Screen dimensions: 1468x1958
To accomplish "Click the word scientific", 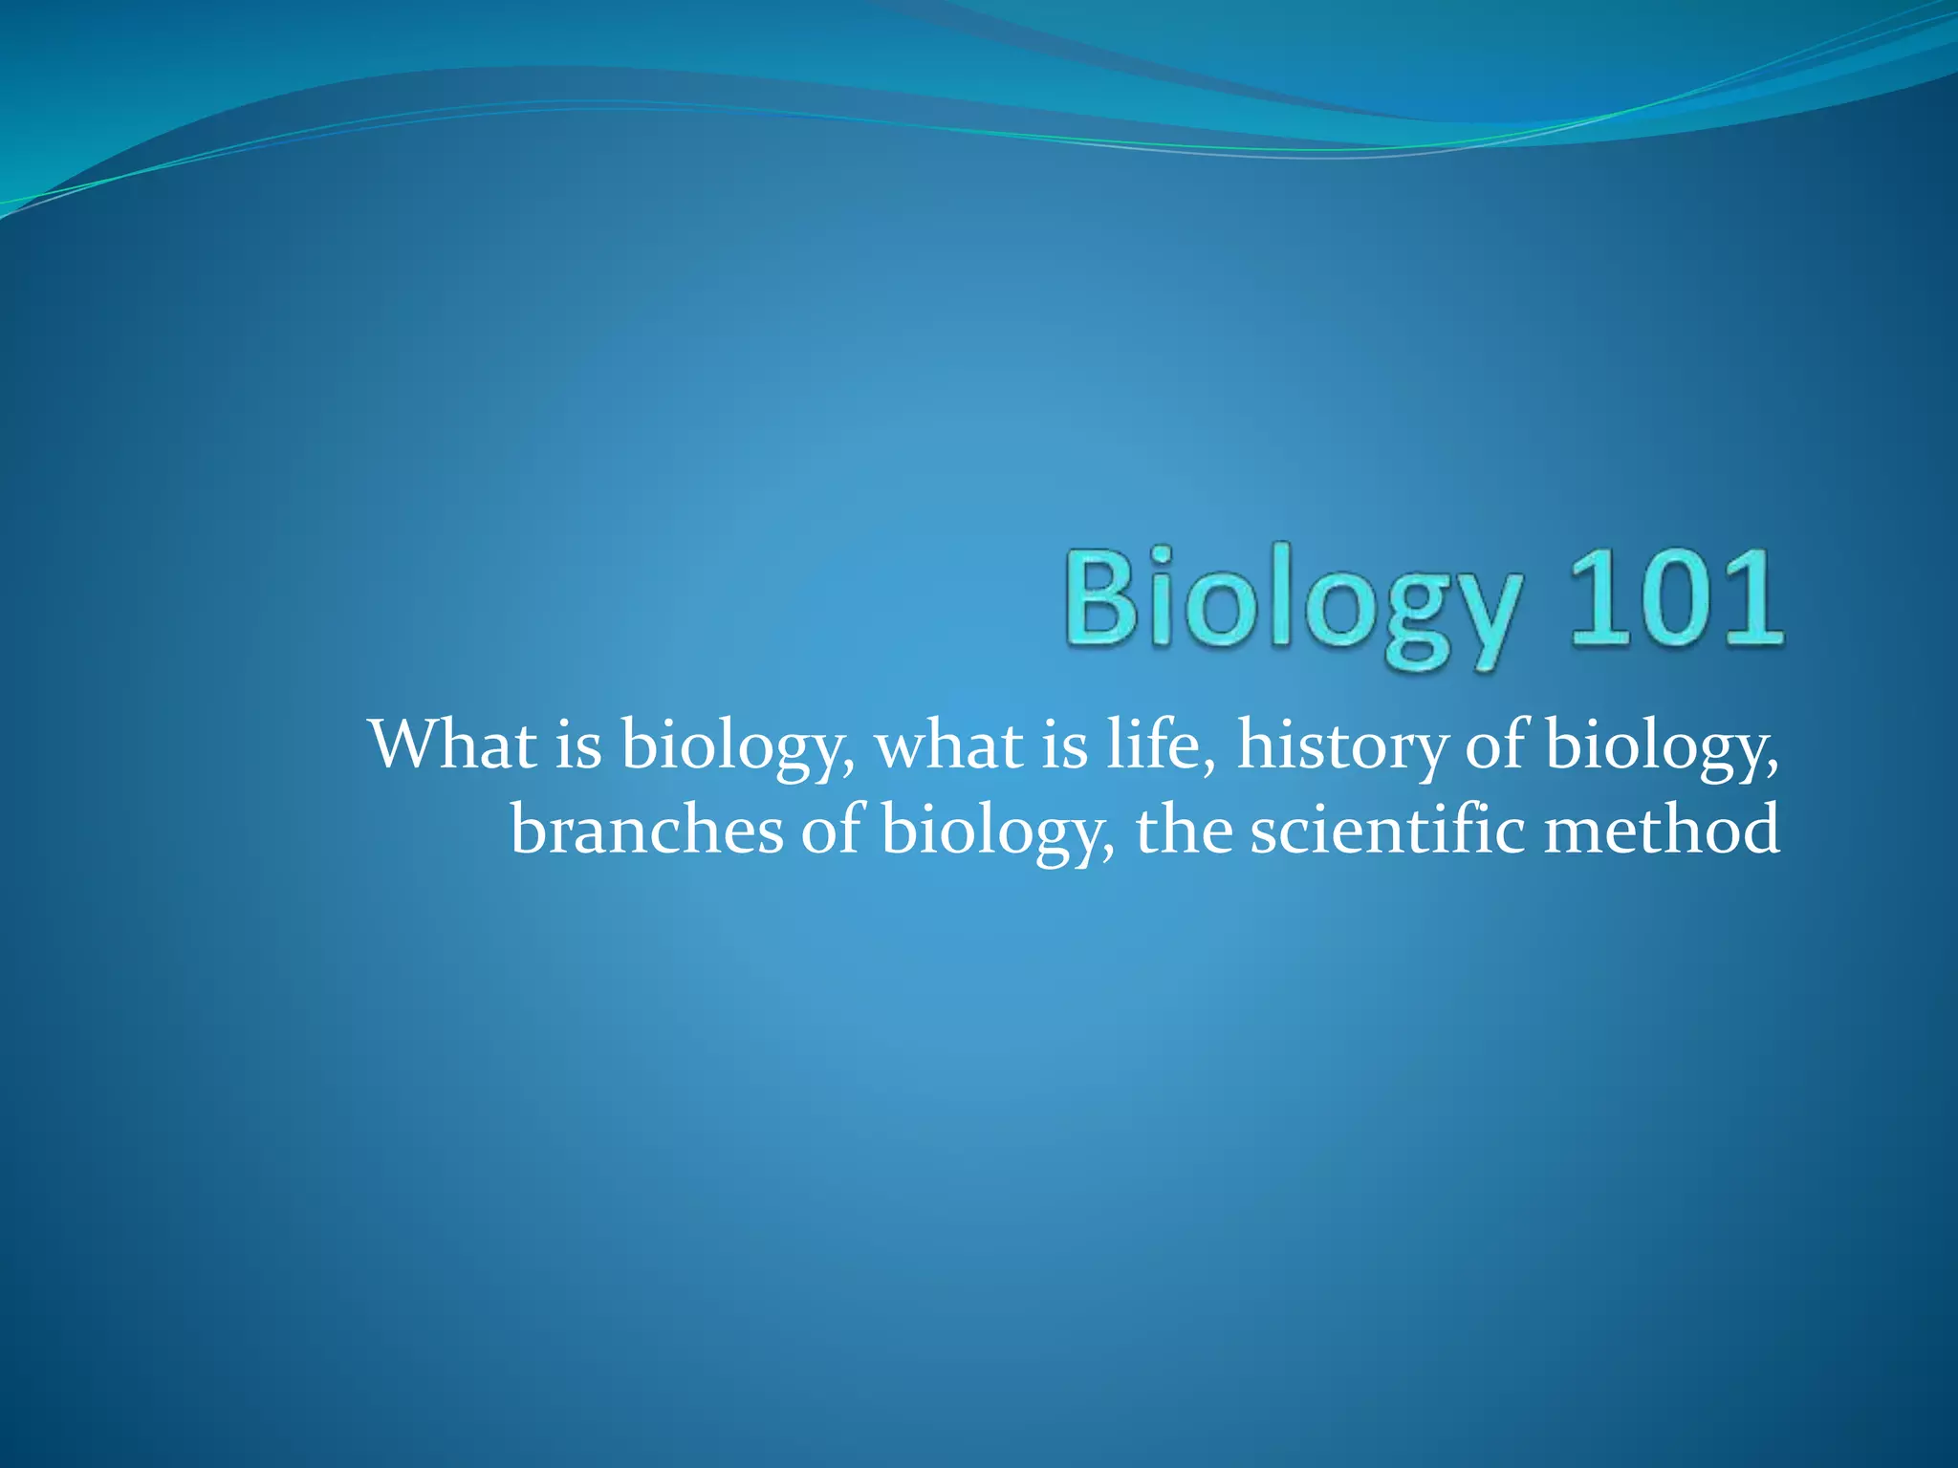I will point(1387,829).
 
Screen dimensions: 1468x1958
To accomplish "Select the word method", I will point(1663,829).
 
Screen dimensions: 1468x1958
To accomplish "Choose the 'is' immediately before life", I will point(1064,745).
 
